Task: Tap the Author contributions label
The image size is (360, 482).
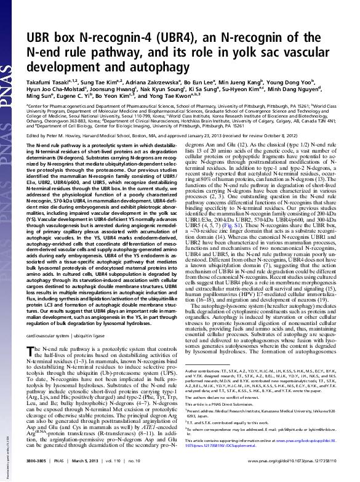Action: pyautogui.click(x=204, y=371)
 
